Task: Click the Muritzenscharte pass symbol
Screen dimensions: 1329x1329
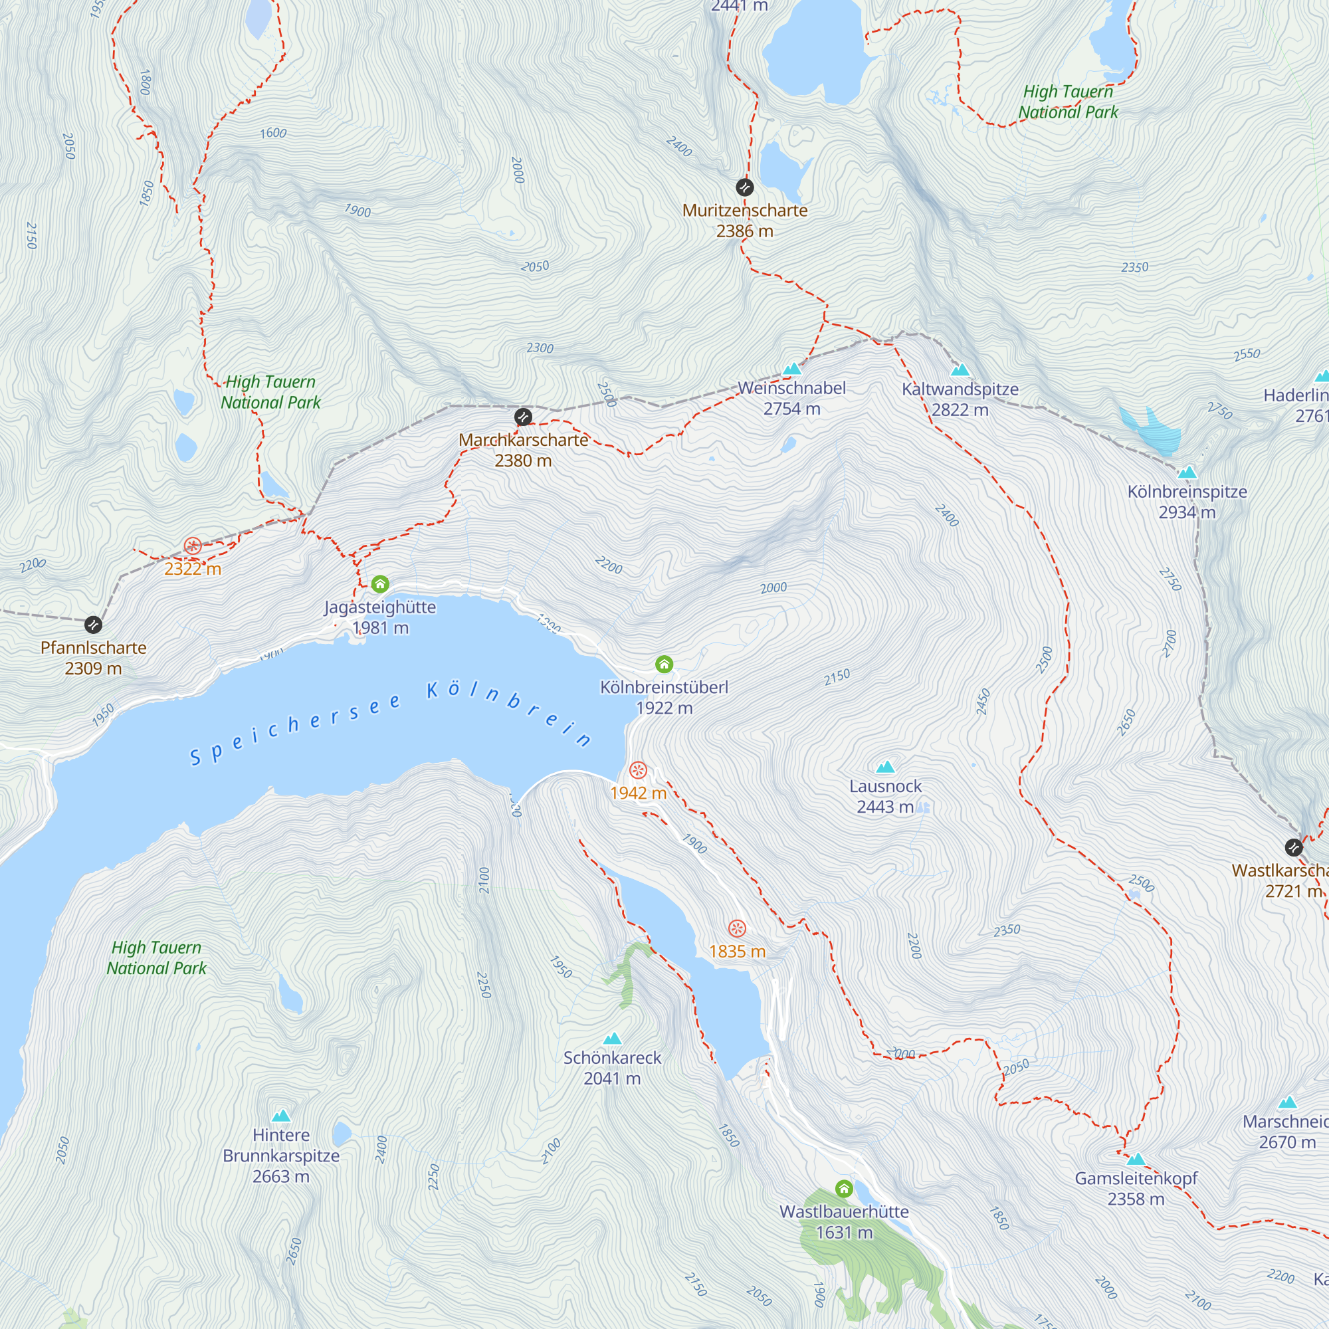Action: pos(744,187)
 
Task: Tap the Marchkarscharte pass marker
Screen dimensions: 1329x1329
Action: pos(523,417)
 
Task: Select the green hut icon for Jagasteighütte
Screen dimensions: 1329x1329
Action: pos(380,585)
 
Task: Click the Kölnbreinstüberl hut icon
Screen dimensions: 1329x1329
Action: pos(664,664)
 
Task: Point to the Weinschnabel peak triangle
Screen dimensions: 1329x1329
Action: pos(793,369)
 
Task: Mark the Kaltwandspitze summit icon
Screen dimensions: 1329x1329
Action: pos(960,370)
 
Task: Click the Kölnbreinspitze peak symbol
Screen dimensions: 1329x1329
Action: pos(1187,472)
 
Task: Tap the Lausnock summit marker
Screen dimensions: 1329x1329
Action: pos(885,767)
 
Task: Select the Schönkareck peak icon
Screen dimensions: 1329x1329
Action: pos(612,1039)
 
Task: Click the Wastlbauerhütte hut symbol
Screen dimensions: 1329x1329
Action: pos(844,1188)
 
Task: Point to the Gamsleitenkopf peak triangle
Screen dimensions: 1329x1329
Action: pos(1136,1159)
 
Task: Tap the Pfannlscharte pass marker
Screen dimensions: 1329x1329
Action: pos(94,625)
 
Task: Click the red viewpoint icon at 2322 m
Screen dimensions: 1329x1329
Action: pos(193,546)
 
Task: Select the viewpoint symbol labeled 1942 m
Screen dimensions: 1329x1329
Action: pos(639,769)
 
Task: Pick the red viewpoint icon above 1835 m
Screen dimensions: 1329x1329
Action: pos(738,929)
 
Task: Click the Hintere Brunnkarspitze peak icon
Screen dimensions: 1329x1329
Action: pos(280,1116)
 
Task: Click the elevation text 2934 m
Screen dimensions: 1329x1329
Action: pos(1187,512)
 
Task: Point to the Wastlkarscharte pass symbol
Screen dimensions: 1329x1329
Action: pos(1294,847)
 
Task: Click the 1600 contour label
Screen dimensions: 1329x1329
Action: pos(273,133)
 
